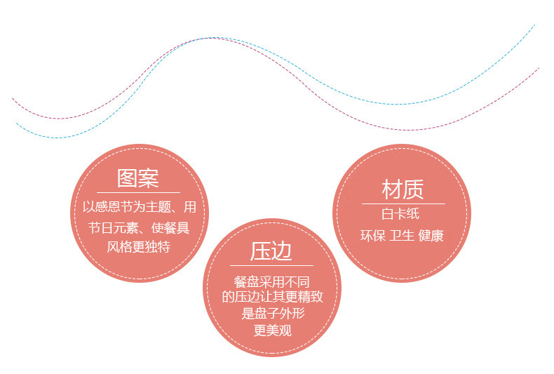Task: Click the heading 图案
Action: coord(138,178)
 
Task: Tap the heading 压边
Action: coord(271,252)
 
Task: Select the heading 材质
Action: coord(403,189)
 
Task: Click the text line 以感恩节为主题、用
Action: coord(138,208)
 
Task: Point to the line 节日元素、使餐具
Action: coord(138,228)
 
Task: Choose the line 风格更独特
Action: coord(138,247)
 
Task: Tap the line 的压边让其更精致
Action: coord(272,298)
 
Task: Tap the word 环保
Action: coord(372,236)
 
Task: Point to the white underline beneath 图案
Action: coord(138,192)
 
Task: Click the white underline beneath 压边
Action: coord(272,266)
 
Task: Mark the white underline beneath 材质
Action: coord(403,203)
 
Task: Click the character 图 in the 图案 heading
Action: coord(128,178)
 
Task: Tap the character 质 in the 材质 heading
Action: coord(414,189)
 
